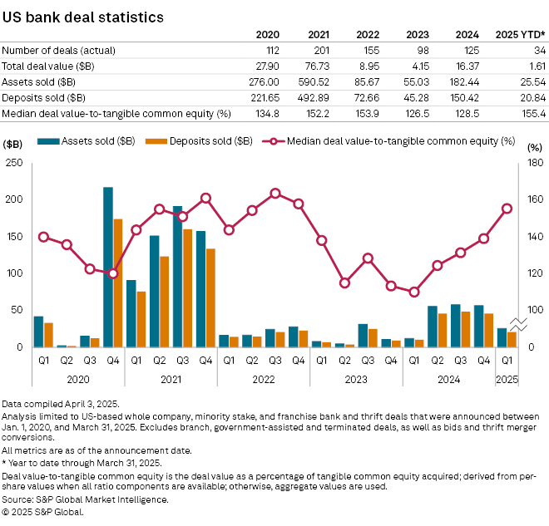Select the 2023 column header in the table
point(422,34)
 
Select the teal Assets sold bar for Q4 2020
point(108,266)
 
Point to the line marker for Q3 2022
point(275,193)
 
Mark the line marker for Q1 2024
point(414,292)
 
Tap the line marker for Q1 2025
point(507,209)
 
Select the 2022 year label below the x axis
point(264,379)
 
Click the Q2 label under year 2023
point(344,361)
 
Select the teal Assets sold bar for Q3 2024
point(455,325)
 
